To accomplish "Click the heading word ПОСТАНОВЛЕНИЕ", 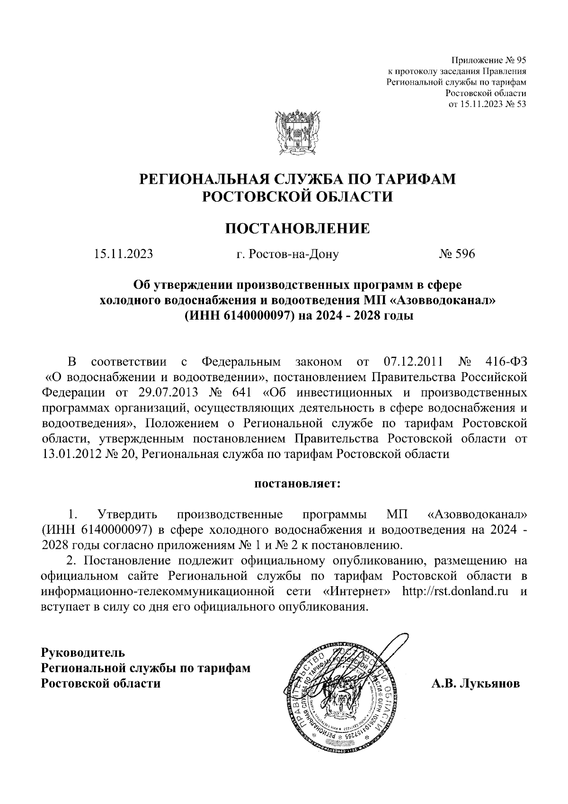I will pyautogui.click(x=296, y=229).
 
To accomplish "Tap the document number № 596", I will pyautogui.click(x=456, y=254).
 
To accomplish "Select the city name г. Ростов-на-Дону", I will pyautogui.click(x=287, y=255).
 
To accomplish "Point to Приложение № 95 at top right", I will pyautogui.click(x=489, y=61).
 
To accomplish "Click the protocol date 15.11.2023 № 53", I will pyautogui.click(x=488, y=104).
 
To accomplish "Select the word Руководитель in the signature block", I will pyautogui.click(x=83, y=653).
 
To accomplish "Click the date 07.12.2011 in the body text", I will pyautogui.click(x=411, y=363).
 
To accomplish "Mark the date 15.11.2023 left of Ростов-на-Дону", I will pyautogui.click(x=124, y=254).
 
